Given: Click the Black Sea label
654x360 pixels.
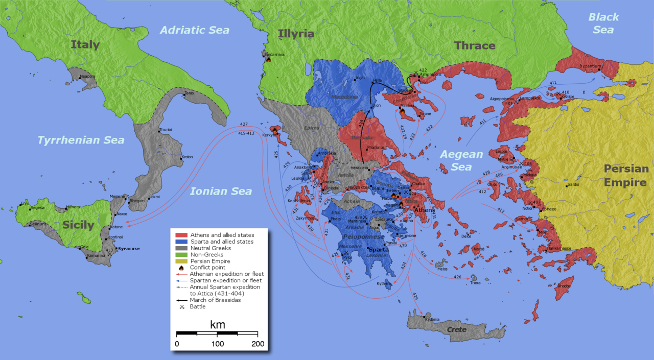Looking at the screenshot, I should coord(603,23).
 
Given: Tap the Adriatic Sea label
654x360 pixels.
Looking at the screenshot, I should coord(195,30).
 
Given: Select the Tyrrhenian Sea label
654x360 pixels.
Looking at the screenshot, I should coord(81,140).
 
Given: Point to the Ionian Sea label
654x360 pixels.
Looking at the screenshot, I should coord(221,191).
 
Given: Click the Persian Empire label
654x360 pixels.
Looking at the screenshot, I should coord(626,175).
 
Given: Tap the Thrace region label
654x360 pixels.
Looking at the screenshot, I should coord(475,45).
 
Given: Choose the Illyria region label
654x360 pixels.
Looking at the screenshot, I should coord(296,34).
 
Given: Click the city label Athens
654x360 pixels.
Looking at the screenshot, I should coord(424,210).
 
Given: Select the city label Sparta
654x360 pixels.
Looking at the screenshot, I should coord(379,250).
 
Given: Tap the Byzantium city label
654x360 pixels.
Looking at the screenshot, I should coord(590,66).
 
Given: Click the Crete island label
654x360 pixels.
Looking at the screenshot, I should coord(457,329).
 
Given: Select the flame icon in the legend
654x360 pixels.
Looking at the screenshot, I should coord(180,268).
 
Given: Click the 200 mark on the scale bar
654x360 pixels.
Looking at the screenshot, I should coord(258,344).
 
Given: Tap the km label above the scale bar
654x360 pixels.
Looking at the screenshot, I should coord(217,325).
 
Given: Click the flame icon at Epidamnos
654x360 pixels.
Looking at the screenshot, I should coord(268,59).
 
